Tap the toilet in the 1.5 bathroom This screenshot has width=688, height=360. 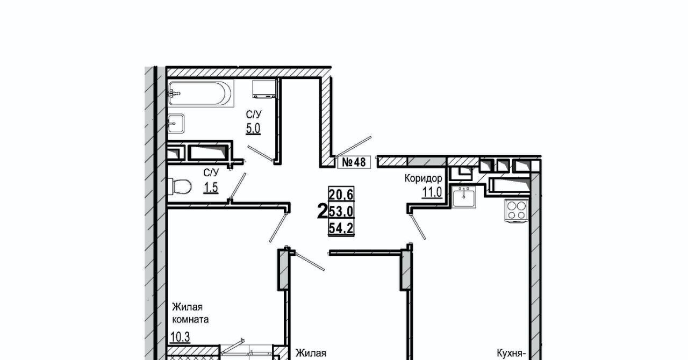(x=181, y=187)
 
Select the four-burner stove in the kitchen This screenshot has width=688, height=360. (x=516, y=210)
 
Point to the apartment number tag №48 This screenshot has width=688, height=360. (x=354, y=162)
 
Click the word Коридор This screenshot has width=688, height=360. (x=424, y=178)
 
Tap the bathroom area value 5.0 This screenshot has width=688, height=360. (x=253, y=129)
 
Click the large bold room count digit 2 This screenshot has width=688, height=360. (x=322, y=212)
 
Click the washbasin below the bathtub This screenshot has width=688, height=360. (x=177, y=124)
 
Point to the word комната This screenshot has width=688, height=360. (x=190, y=319)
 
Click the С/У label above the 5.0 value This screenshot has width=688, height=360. (x=254, y=114)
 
